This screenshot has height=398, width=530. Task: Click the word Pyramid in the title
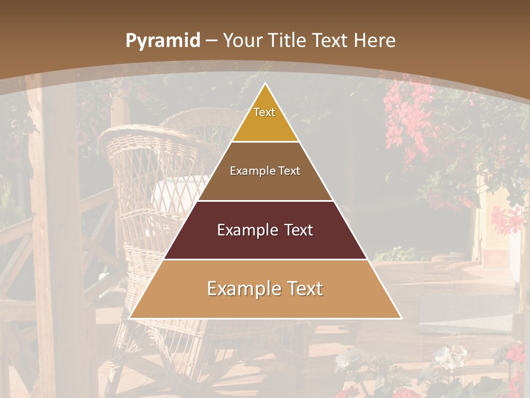162,41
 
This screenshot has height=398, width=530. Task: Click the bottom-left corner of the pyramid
130,318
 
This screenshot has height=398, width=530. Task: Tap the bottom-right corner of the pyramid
401,318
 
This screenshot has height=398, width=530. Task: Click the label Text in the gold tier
264,112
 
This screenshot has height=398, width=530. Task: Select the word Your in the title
242,41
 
